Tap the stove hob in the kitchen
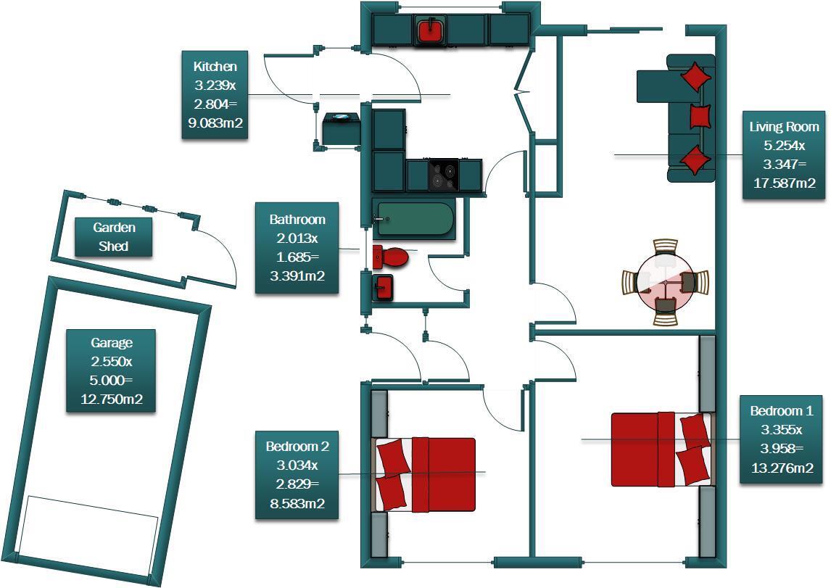(x=444, y=175)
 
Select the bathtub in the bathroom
(x=413, y=219)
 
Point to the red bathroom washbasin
(x=384, y=287)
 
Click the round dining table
(x=666, y=281)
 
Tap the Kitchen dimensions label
(x=215, y=95)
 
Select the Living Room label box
(x=785, y=154)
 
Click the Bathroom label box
(x=297, y=248)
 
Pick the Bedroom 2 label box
(x=297, y=475)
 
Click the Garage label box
(x=111, y=370)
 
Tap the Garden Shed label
(x=114, y=237)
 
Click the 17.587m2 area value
(x=785, y=183)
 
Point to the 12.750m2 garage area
(x=111, y=399)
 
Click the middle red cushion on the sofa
(x=700, y=116)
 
